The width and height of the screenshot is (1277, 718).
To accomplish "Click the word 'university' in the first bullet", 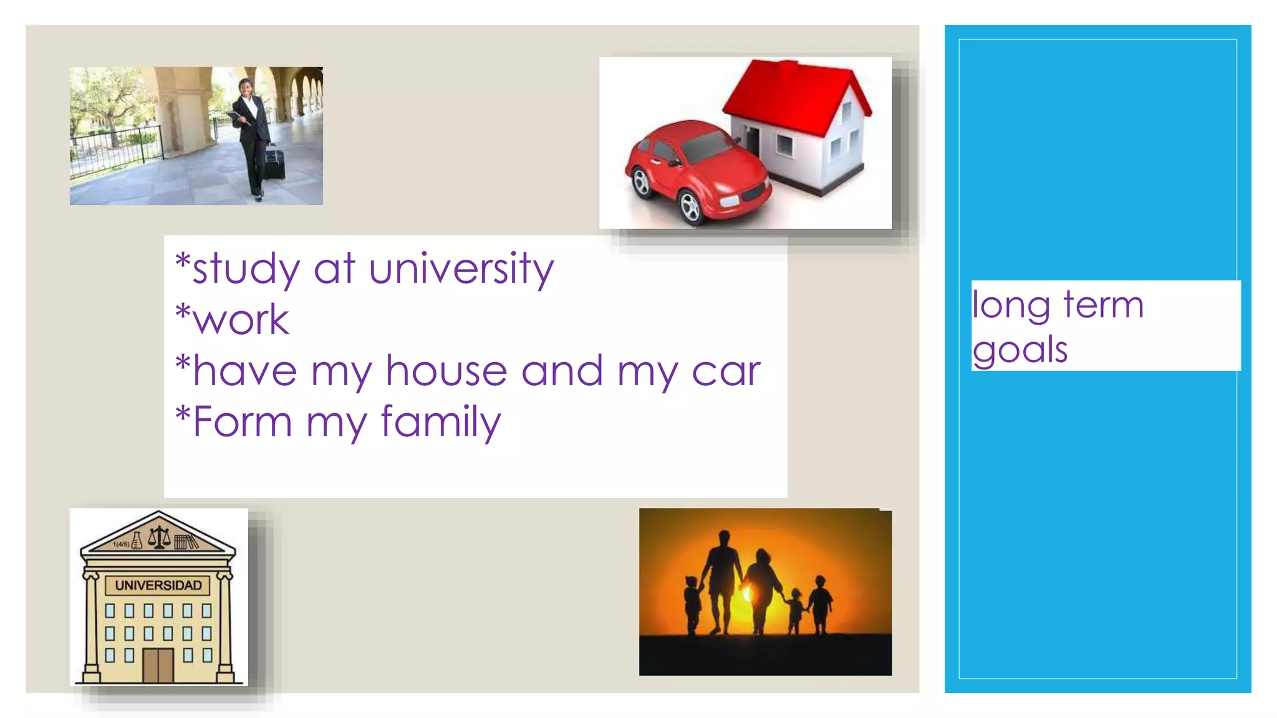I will (x=461, y=269).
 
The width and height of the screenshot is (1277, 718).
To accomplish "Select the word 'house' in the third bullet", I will (x=446, y=371).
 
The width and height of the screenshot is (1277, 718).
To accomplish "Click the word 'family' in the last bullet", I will (x=440, y=423).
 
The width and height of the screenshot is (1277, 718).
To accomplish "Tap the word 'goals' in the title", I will (x=1020, y=350).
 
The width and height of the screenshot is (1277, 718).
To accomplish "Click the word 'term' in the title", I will (x=1103, y=305).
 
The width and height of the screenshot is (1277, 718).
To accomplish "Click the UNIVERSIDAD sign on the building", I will (x=158, y=585).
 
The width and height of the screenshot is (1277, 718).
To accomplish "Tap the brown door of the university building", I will (x=158, y=665).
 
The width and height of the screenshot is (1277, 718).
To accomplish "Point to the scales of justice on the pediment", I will (x=159, y=536).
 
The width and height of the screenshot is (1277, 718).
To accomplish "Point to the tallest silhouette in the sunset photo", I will (x=722, y=580).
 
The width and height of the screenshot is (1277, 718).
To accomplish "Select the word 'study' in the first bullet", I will (x=247, y=269).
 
